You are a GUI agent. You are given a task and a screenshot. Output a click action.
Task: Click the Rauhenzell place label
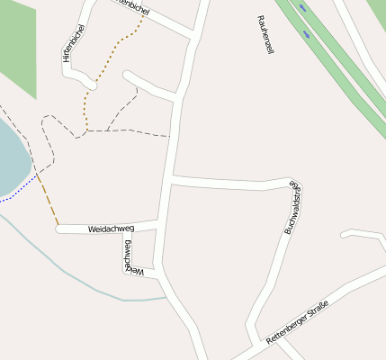pos(264,35)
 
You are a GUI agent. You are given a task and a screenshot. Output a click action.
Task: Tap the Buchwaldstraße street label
pos(292,208)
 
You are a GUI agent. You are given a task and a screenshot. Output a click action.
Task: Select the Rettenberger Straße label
pos(297,322)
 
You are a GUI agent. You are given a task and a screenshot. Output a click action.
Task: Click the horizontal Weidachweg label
pos(111,229)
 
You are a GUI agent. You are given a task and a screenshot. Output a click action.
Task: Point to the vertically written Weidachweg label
pos(129,256)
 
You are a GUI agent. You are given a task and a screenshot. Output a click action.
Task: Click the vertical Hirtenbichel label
pos(73,42)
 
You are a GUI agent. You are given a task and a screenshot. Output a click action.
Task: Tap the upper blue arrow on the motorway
pos(301,7)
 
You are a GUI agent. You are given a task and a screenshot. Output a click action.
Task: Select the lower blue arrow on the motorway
pos(309,35)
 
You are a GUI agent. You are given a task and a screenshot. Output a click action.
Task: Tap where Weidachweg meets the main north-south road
pos(162,222)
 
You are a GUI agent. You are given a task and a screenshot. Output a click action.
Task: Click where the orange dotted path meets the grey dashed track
pos(87,132)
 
